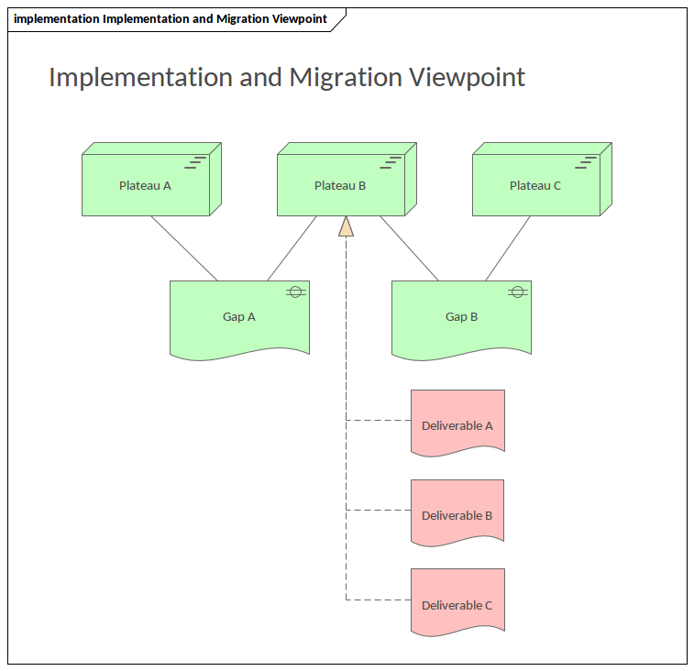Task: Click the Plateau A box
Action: (146, 185)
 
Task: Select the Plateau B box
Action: (340, 185)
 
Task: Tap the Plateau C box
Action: (535, 185)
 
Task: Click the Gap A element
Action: (239, 317)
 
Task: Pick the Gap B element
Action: (461, 317)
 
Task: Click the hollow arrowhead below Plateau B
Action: (346, 226)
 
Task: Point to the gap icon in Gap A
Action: (295, 291)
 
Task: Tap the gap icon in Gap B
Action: (517, 291)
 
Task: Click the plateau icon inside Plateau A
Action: (196, 163)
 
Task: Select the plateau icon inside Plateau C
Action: (586, 163)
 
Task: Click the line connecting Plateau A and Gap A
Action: (184, 248)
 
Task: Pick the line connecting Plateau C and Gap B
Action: (508, 248)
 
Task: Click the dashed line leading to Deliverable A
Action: (378, 421)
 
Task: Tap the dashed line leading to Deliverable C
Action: (378, 600)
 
